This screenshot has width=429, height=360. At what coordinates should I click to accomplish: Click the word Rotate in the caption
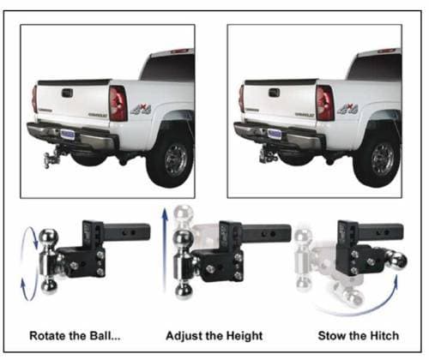tap(47, 336)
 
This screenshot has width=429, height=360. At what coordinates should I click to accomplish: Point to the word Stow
tap(329, 336)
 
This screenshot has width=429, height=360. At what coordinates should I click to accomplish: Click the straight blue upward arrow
tap(165, 250)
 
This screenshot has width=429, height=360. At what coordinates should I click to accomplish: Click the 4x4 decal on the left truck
tap(141, 110)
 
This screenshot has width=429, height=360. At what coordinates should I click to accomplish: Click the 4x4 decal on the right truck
tap(347, 110)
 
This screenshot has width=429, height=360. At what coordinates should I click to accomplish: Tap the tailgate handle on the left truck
tap(67, 93)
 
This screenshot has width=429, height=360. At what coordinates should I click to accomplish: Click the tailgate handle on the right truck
tap(274, 93)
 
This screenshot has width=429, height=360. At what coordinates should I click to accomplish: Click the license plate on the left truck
tap(68, 134)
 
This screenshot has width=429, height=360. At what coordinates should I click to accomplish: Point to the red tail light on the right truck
tap(324, 103)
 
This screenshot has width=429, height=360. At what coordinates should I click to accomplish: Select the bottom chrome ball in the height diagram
tap(184, 291)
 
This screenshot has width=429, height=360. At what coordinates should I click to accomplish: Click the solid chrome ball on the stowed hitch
tap(397, 260)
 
